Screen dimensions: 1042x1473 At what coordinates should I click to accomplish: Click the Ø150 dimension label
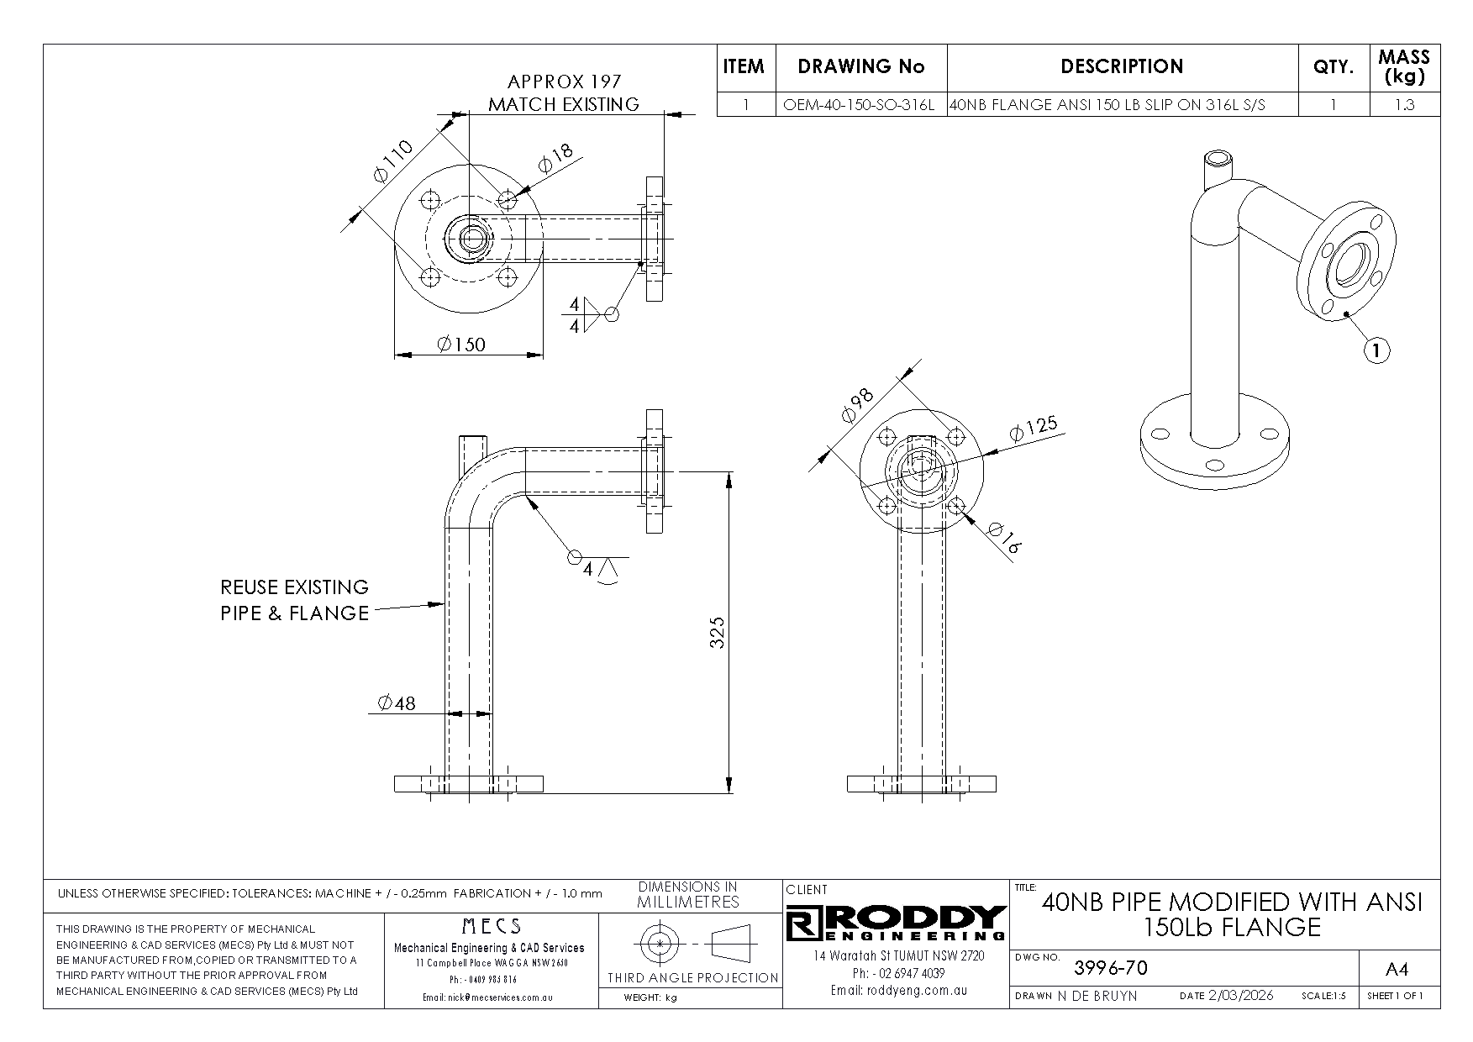[461, 345]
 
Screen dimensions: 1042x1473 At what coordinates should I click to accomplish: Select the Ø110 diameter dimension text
[392, 161]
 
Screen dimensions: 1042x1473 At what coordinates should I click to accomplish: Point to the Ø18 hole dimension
[555, 158]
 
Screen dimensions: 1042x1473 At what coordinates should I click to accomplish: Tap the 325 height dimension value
[717, 632]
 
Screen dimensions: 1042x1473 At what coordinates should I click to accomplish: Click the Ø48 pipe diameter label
[397, 703]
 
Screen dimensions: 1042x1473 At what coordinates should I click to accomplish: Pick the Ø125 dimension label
[1034, 429]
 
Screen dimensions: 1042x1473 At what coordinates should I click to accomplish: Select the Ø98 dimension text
[857, 405]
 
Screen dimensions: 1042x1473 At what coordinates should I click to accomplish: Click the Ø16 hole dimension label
[1004, 539]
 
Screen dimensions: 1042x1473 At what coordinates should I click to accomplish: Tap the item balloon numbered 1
[1376, 350]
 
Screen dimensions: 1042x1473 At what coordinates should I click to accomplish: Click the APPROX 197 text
[564, 82]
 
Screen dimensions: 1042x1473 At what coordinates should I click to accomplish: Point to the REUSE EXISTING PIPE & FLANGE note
[295, 600]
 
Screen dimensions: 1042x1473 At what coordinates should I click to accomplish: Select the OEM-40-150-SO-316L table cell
[859, 106]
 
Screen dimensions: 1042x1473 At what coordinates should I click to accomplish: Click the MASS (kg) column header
[1404, 67]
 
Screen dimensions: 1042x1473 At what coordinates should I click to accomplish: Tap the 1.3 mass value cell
[1404, 106]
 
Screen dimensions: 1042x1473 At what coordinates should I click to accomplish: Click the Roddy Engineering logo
[897, 924]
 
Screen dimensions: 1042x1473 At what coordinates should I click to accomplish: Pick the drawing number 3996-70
[1111, 968]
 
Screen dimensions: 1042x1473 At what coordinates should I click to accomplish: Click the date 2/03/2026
[1240, 996]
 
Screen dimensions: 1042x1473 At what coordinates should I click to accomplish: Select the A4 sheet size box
[1397, 970]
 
